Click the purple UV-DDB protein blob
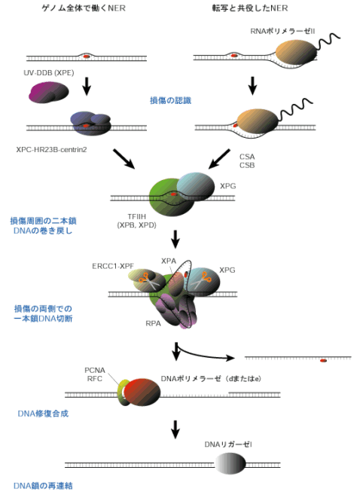point(49,92)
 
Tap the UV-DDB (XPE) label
point(49,73)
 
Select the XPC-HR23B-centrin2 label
point(51,149)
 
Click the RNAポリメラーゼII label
point(282,31)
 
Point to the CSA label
point(247,157)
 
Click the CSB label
point(247,165)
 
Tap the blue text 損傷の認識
point(171,100)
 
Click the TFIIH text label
point(137,216)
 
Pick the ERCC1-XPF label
point(113,266)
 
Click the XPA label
point(169,261)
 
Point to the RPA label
point(154,323)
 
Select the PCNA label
point(95,370)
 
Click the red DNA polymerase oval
point(142,393)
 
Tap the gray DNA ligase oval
point(230,464)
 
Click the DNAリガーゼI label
point(228,445)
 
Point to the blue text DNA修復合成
point(43,414)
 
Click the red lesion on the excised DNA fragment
point(323,361)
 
